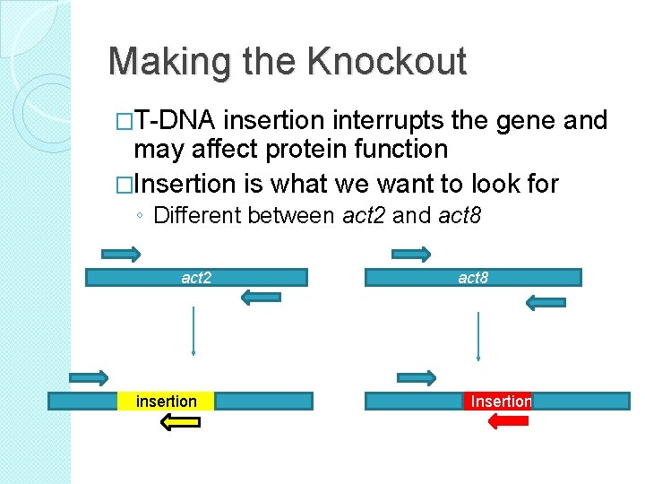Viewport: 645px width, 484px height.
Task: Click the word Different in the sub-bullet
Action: (199, 215)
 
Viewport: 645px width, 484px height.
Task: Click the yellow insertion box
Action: (166, 402)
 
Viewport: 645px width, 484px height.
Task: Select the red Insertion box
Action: (500, 402)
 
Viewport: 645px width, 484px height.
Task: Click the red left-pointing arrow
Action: (507, 421)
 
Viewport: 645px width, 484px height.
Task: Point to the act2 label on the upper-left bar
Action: (196, 278)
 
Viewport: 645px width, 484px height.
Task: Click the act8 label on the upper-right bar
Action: (473, 278)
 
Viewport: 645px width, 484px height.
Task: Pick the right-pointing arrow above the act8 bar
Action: (411, 255)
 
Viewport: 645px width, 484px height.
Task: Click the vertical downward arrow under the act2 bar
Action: (193, 333)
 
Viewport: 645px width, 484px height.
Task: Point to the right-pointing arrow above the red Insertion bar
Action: (417, 378)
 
